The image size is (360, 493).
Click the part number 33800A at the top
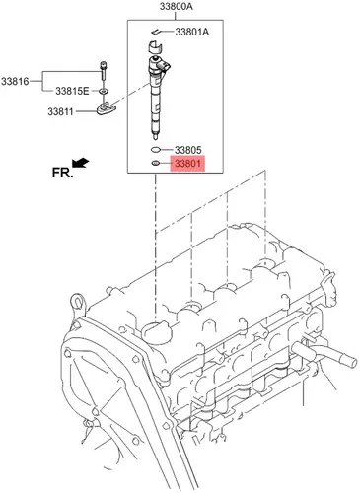tap(177, 6)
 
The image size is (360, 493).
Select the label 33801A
tap(192, 32)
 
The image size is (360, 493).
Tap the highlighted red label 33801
tap(187, 164)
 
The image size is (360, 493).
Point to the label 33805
tap(187, 150)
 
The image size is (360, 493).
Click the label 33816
tap(15, 81)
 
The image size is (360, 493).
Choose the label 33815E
tap(72, 91)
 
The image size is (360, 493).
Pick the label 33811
tap(61, 111)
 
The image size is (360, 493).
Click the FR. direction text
tap(61, 173)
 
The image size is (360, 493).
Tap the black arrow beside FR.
tap(80, 163)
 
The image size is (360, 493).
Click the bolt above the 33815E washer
tap(104, 71)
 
